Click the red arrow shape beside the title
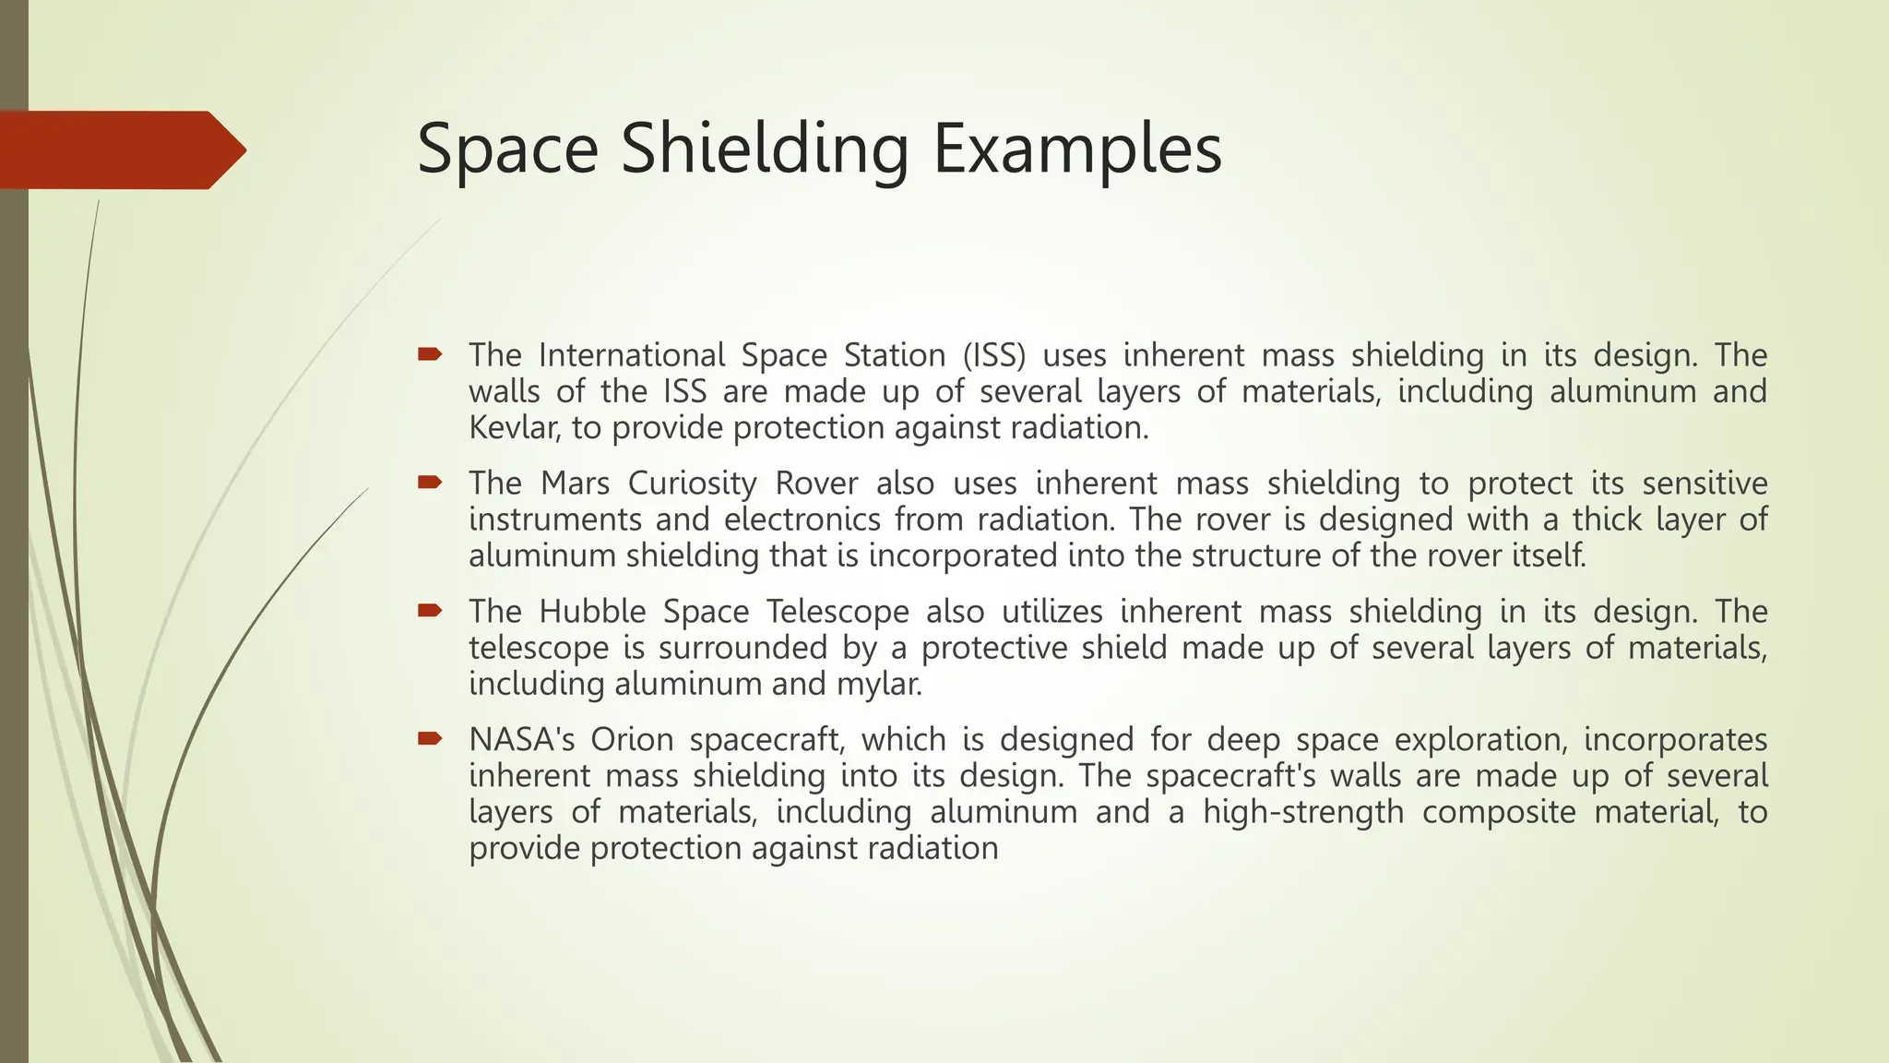coord(120,149)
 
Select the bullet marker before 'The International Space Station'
coord(430,353)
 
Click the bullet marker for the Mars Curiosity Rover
coord(430,482)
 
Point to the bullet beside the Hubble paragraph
coord(430,610)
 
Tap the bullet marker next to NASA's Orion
coord(430,738)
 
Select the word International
coord(632,355)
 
